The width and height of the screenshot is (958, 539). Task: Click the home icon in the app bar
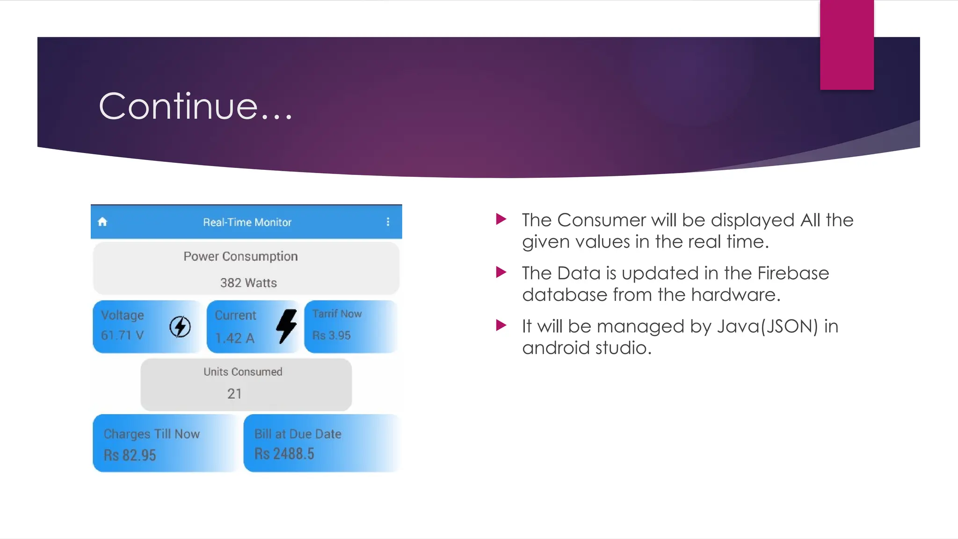(102, 222)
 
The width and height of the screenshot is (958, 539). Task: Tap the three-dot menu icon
(388, 222)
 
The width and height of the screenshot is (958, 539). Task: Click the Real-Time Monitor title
(247, 222)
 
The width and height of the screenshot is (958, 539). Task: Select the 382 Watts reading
(248, 283)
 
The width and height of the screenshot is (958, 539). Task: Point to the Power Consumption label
(240, 256)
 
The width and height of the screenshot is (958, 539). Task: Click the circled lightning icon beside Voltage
(180, 327)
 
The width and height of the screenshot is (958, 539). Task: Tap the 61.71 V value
(123, 335)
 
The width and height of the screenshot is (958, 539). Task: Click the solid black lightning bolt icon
(286, 326)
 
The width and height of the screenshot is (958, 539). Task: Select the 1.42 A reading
(235, 338)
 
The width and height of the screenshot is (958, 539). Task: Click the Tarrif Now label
(337, 314)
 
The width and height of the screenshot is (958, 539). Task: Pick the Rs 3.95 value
(331, 335)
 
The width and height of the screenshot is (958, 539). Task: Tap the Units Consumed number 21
(234, 393)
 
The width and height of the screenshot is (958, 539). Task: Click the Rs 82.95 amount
(130, 455)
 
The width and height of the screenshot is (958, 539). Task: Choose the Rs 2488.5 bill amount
(284, 454)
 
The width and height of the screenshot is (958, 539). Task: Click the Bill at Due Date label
(298, 434)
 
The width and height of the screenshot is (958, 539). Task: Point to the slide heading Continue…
(196, 107)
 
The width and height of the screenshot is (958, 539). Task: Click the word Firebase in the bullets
(793, 273)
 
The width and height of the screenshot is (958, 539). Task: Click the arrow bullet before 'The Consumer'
(501, 219)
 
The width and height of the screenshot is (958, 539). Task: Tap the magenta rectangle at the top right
(847, 45)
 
